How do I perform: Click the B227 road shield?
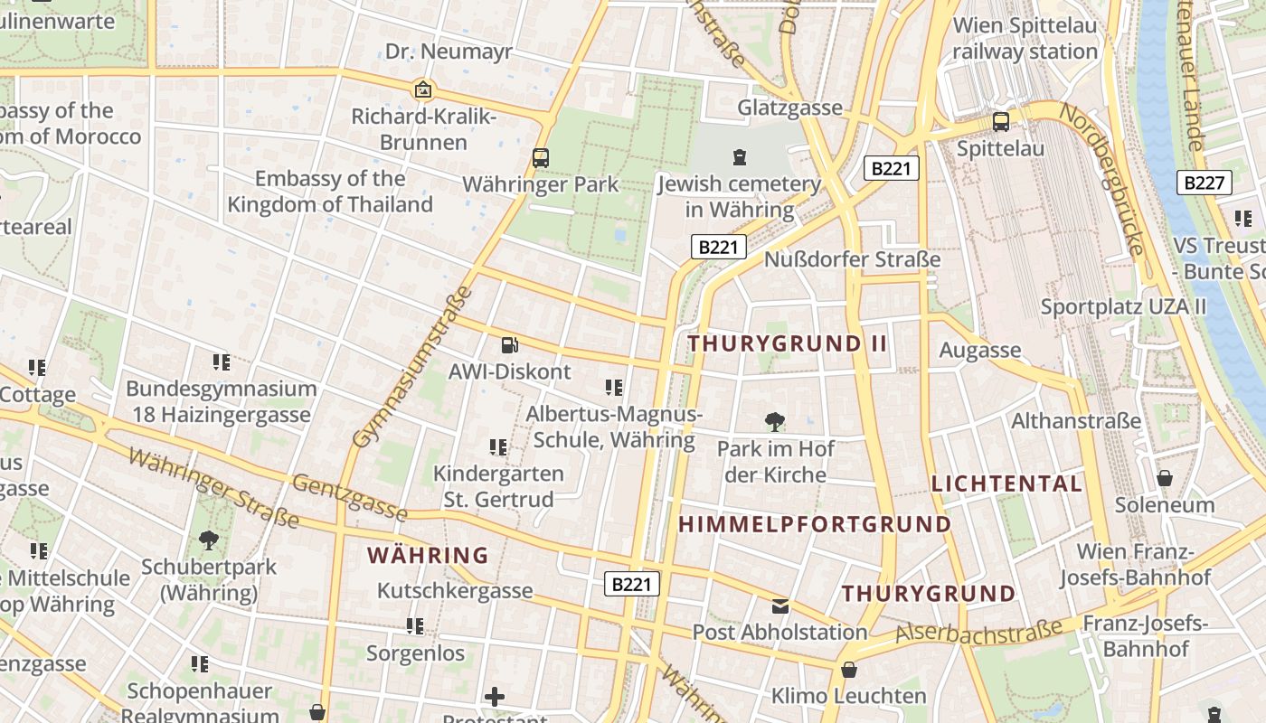pyautogui.click(x=1205, y=183)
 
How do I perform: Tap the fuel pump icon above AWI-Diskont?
pyautogui.click(x=510, y=344)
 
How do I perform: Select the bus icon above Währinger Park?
pyautogui.click(x=541, y=157)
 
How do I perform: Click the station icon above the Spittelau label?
pyautogui.click(x=1000, y=121)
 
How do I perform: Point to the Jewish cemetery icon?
pyautogui.click(x=740, y=157)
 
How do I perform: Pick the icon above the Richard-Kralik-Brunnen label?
pyautogui.click(x=422, y=89)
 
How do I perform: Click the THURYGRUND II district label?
pyautogui.click(x=788, y=343)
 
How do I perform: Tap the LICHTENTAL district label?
pyautogui.click(x=1006, y=484)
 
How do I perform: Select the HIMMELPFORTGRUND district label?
pyautogui.click(x=815, y=524)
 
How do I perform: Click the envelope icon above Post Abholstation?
pyautogui.click(x=779, y=606)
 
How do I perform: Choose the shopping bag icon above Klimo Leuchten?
pyautogui.click(x=848, y=670)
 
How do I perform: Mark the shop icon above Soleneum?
pyautogui.click(x=1165, y=478)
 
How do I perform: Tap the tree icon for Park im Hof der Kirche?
pyautogui.click(x=774, y=421)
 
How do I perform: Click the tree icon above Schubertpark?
pyautogui.click(x=209, y=540)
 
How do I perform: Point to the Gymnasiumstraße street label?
pyautogui.click(x=412, y=367)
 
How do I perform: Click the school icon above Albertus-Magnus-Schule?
pyautogui.click(x=614, y=388)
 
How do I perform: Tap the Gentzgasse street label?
pyautogui.click(x=349, y=497)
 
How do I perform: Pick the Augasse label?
pyautogui.click(x=980, y=350)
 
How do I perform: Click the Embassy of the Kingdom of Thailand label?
pyautogui.click(x=330, y=192)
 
